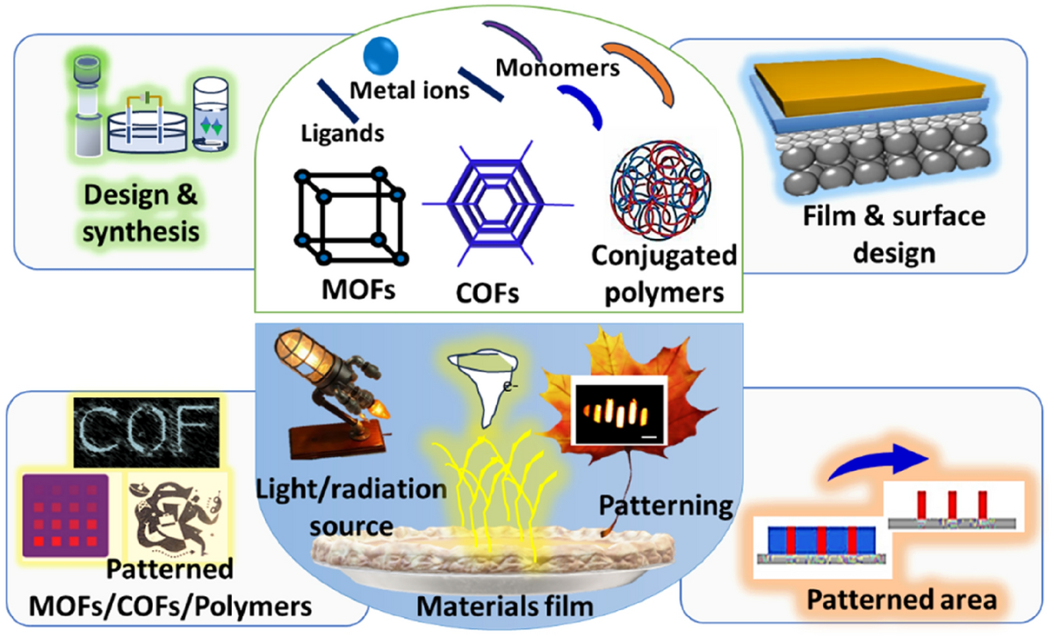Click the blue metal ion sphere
tap(379, 56)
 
